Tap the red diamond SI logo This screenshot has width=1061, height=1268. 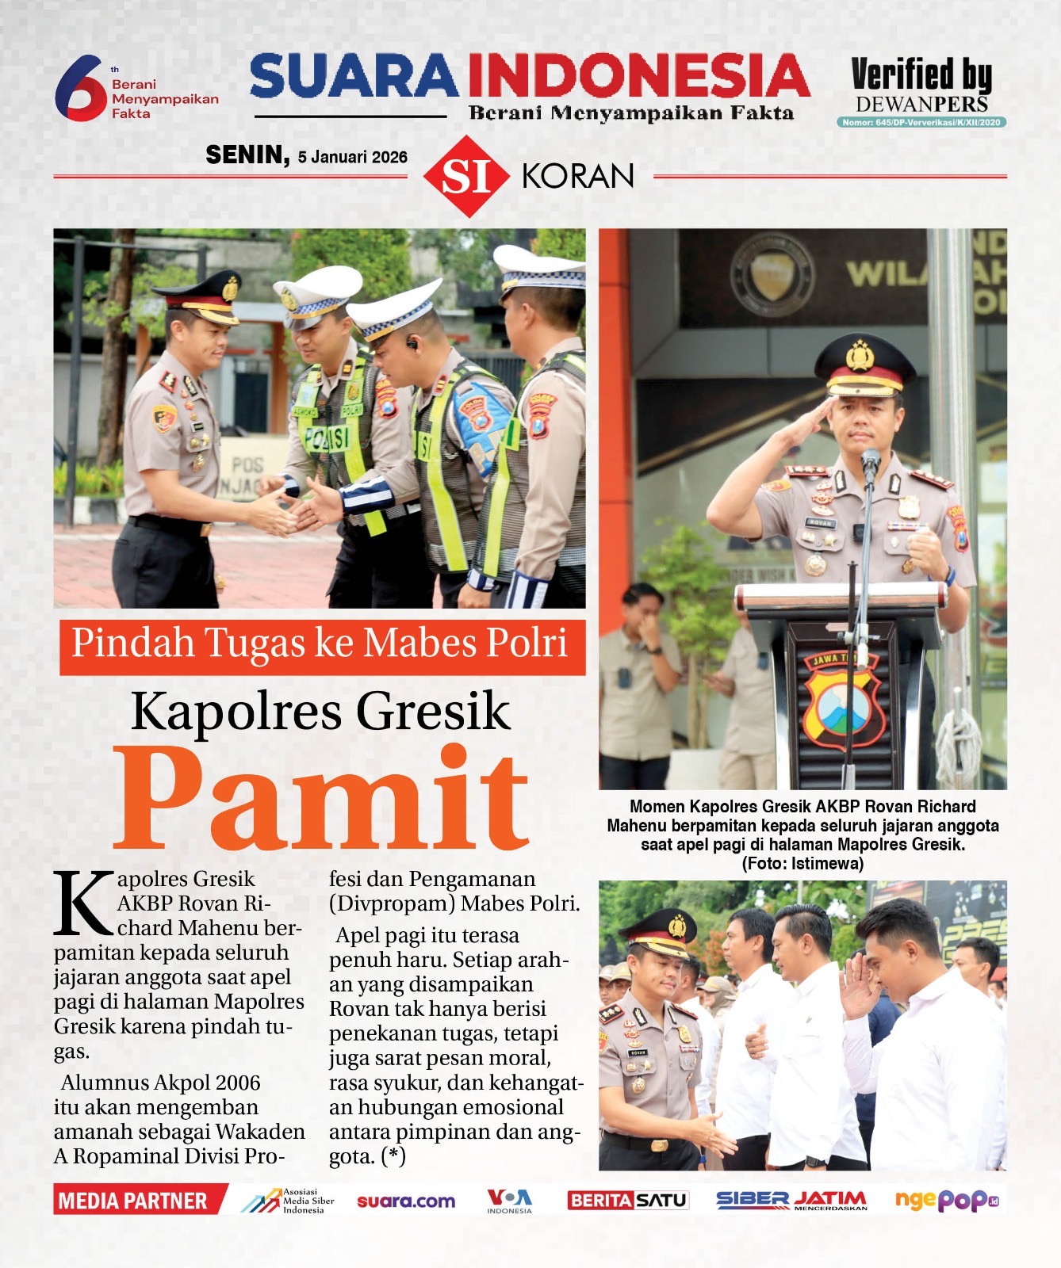pyautogui.click(x=466, y=176)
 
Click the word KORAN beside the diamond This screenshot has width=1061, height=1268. pyautogui.click(x=578, y=176)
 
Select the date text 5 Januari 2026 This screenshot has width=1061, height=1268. pyautogui.click(x=352, y=157)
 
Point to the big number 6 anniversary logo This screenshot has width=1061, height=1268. pyautogui.click(x=79, y=88)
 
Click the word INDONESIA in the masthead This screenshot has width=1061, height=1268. pyautogui.click(x=638, y=76)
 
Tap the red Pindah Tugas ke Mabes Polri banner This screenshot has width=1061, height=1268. pyautogui.click(x=321, y=644)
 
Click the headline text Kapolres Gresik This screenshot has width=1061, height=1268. pyautogui.click(x=320, y=710)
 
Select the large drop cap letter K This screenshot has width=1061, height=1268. pyautogui.click(x=82, y=902)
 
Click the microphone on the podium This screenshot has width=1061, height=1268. pyautogui.click(x=871, y=462)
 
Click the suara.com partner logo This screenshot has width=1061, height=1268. pyautogui.click(x=406, y=1201)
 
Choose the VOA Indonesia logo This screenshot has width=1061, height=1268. pyautogui.click(x=509, y=1200)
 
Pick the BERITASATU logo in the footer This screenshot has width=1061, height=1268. pyautogui.click(x=627, y=1201)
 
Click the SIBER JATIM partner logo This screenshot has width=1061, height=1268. pyautogui.click(x=791, y=1201)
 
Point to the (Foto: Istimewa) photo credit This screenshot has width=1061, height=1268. pyautogui.click(x=802, y=863)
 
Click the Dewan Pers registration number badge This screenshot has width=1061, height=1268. pyautogui.click(x=921, y=122)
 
